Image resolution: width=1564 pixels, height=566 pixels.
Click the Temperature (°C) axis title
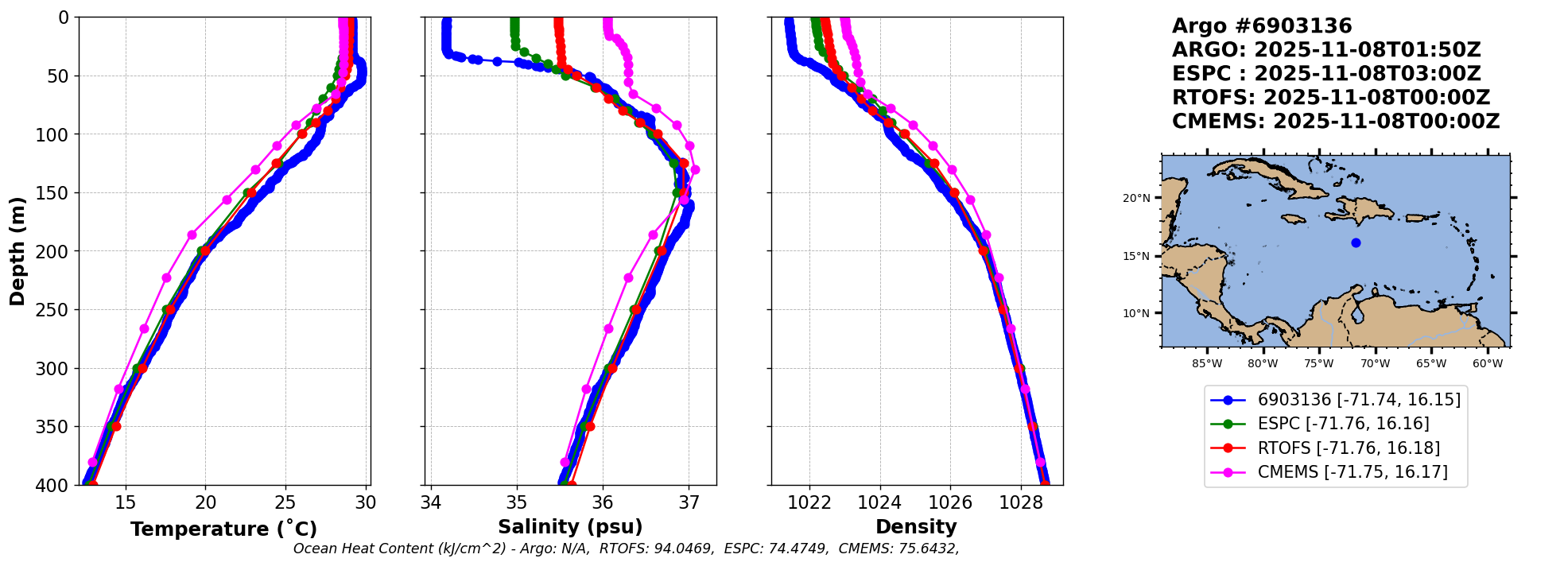coord(223,529)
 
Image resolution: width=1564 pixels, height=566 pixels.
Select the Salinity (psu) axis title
coord(570,527)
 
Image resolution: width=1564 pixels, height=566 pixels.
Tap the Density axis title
coord(916,527)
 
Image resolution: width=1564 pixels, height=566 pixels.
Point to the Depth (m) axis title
coord(17,251)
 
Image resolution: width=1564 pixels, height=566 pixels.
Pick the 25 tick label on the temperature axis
coord(285,503)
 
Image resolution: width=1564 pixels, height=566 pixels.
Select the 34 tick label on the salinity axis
coord(430,503)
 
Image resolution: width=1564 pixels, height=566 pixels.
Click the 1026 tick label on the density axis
coord(950,503)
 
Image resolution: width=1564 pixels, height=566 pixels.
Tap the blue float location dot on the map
coord(1356,242)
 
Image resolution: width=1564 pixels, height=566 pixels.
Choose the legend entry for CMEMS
coord(1352,472)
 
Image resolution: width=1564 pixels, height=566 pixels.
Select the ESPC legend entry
coord(1343,424)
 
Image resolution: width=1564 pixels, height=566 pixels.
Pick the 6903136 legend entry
coord(1359,400)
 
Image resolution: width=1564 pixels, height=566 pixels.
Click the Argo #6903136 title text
coord(1262,26)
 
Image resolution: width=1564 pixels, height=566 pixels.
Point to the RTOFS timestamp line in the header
coord(1331,98)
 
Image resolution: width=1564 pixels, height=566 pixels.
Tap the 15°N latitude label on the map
coord(1136,256)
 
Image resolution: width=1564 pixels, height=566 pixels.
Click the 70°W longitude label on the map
coord(1375,364)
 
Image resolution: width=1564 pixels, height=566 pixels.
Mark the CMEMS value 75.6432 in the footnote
coord(928,549)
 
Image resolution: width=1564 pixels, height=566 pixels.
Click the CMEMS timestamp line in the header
coord(1336,122)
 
